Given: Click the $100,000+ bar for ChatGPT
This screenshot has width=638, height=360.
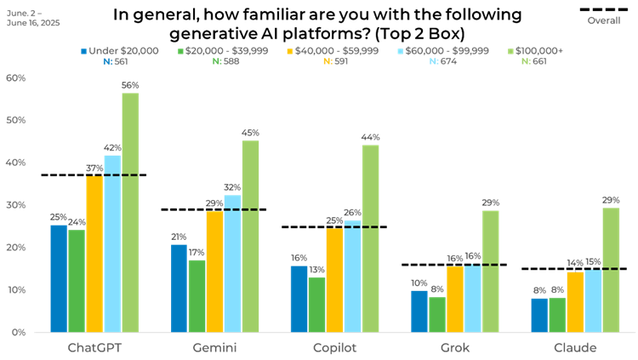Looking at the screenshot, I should pyautogui.click(x=130, y=213).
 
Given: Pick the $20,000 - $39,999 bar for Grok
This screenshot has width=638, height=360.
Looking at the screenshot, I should pyautogui.click(x=437, y=314).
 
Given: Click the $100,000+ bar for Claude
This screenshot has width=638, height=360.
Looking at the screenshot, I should pyautogui.click(x=611, y=270).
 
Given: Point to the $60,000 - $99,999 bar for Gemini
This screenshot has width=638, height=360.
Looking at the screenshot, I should pyautogui.click(x=231, y=264).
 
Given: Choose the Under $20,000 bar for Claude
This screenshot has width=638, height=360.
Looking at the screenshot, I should pyautogui.click(x=539, y=315).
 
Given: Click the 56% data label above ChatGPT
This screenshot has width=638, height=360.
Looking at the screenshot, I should pyautogui.click(x=130, y=86).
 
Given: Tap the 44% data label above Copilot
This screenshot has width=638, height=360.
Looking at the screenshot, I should pyautogui.click(x=370, y=137).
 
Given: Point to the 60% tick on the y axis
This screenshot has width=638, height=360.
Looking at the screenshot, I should pyautogui.click(x=16, y=77).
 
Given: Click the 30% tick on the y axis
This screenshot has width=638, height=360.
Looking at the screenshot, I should pyautogui.click(x=16, y=205).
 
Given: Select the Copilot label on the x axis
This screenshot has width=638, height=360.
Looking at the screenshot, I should pyautogui.click(x=333, y=347).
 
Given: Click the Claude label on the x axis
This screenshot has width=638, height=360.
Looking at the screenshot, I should pyautogui.click(x=575, y=347).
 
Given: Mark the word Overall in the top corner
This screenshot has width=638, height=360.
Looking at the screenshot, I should pyautogui.click(x=604, y=20).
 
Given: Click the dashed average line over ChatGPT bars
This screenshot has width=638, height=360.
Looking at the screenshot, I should pyautogui.click(x=119, y=174).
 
